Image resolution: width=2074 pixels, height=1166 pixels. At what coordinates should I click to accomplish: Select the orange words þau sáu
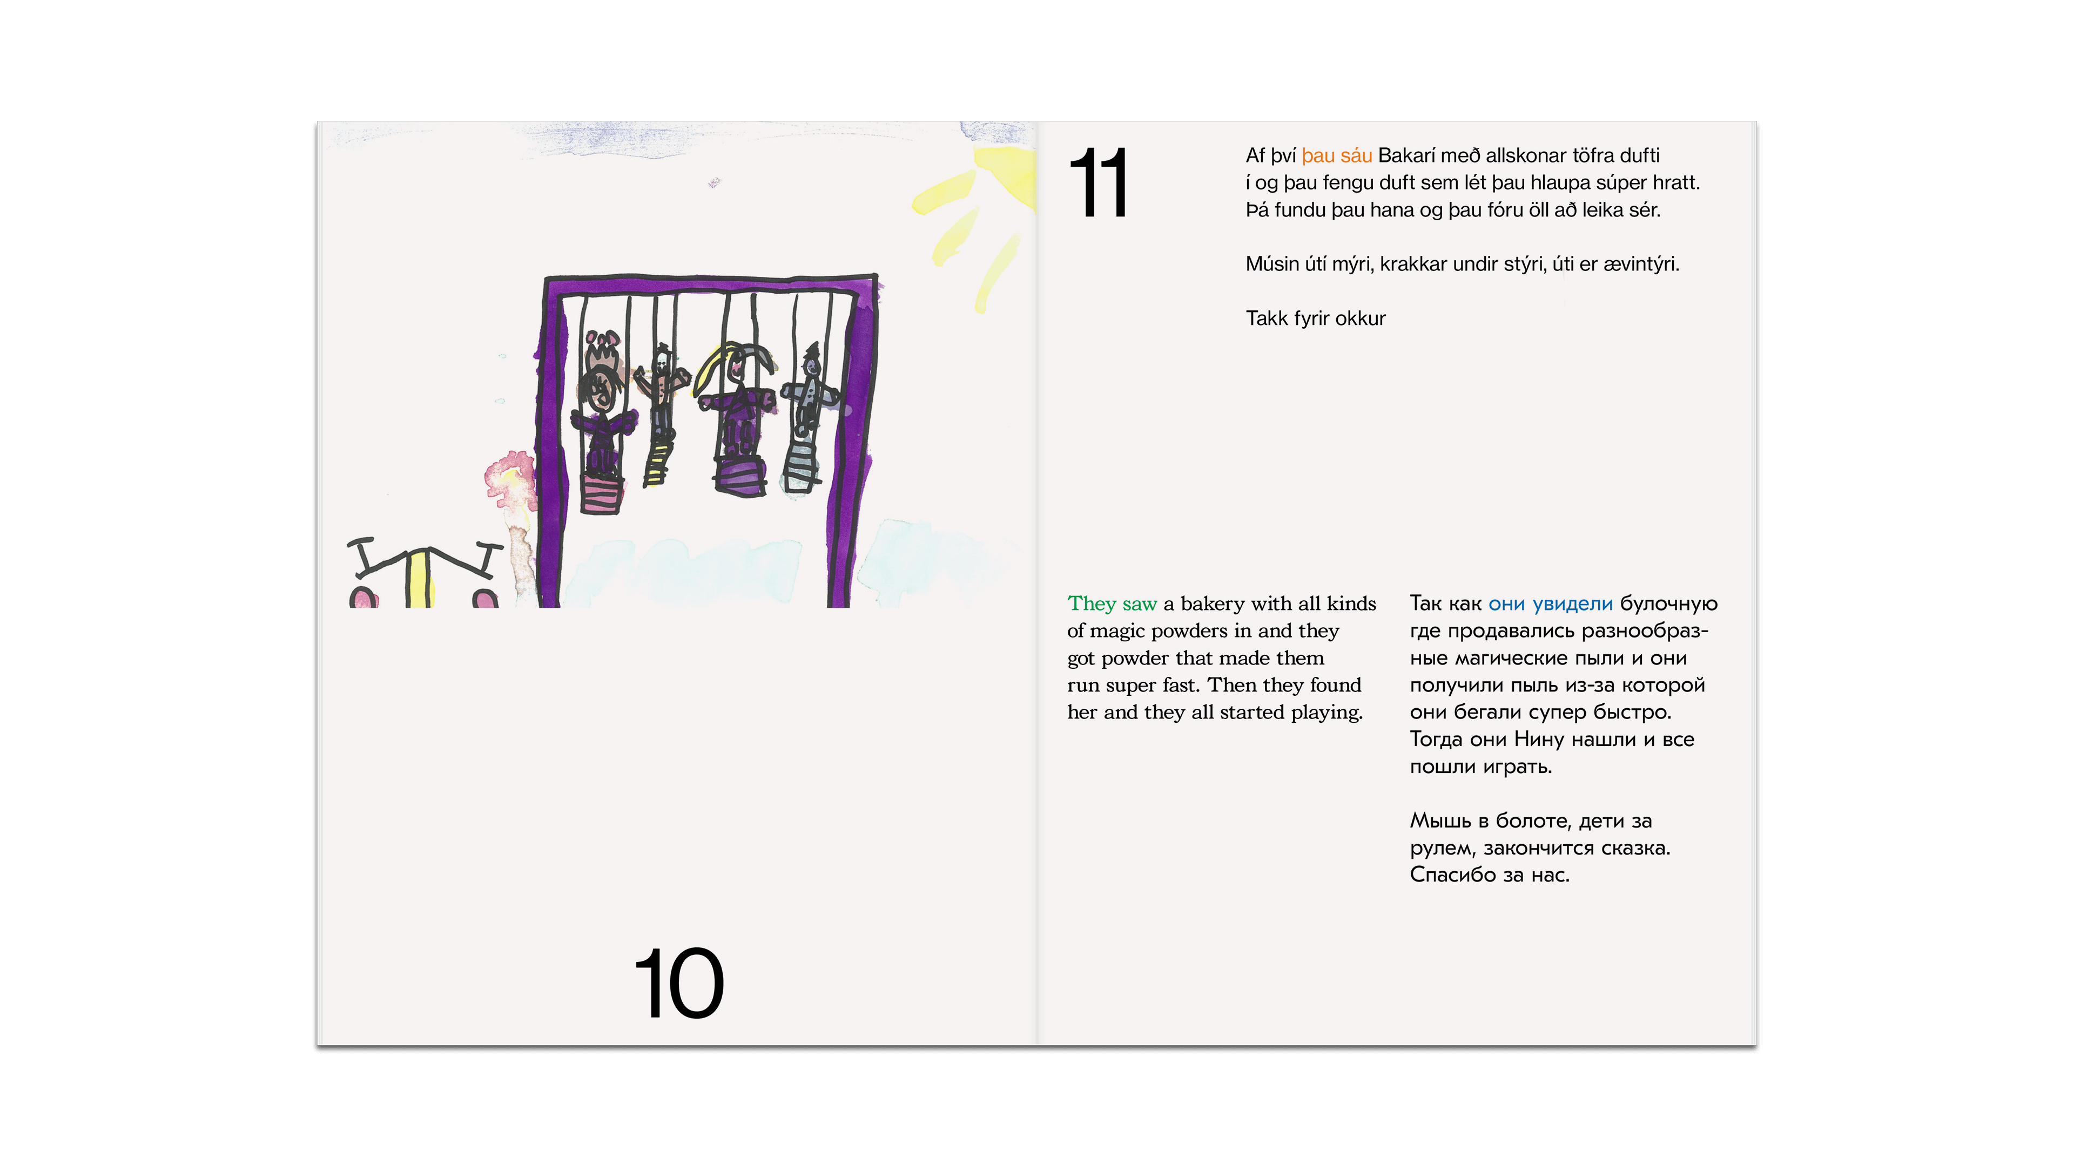[x=1337, y=156]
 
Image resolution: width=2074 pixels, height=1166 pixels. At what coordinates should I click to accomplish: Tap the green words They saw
[x=1112, y=604]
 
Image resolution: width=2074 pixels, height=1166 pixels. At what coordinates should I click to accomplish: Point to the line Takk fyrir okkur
[x=1316, y=318]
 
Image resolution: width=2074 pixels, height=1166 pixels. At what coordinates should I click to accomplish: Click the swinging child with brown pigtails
[x=601, y=418]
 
